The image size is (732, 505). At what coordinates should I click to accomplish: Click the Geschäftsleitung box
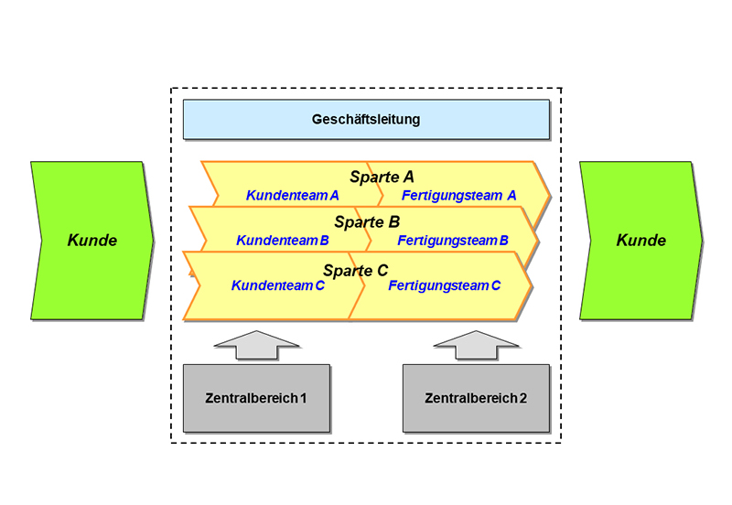click(x=366, y=119)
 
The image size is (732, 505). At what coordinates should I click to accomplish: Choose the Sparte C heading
click(x=355, y=270)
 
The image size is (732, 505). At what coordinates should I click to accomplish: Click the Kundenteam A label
click(x=293, y=195)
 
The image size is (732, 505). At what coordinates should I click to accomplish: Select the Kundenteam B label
click(x=283, y=241)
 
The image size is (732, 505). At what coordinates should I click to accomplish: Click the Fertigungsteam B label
click(x=453, y=241)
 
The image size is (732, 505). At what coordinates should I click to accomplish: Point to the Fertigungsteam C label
click(x=445, y=285)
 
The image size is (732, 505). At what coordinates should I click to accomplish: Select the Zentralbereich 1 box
click(x=256, y=398)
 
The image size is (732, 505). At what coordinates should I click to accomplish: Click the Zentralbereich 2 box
click(x=476, y=398)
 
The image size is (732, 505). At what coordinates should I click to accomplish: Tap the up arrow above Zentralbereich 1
click(x=256, y=346)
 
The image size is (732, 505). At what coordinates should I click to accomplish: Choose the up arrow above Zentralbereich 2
click(x=476, y=346)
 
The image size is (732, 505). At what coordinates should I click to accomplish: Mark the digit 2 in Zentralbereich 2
click(x=522, y=399)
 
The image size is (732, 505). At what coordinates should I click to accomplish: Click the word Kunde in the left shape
click(x=92, y=241)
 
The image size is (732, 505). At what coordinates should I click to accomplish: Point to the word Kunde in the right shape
click(x=641, y=241)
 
